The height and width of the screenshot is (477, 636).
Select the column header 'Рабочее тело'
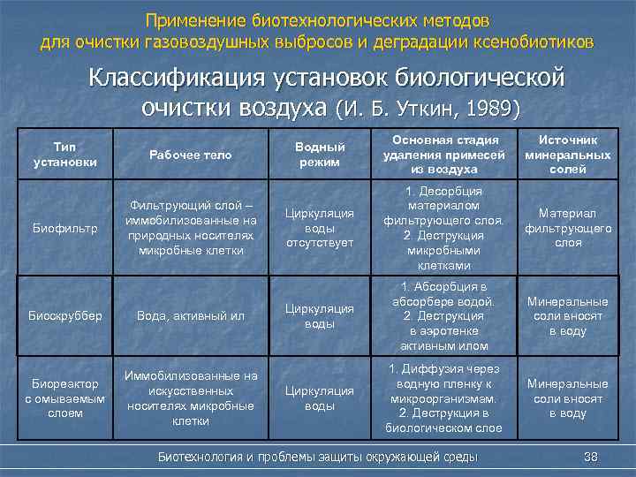[190, 155]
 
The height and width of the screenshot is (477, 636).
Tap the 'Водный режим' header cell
[319, 155]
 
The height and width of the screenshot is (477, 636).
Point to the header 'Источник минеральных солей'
[562, 155]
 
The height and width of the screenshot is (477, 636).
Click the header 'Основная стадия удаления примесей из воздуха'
[441, 155]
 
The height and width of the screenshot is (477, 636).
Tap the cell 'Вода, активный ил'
[190, 315]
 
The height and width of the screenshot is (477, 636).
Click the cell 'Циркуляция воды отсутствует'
[319, 228]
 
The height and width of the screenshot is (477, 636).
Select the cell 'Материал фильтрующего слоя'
[562, 228]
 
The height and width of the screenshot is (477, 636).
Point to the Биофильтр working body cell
[190, 228]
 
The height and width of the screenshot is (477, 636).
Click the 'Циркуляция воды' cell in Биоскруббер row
[319, 315]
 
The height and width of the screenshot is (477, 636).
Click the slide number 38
[591, 457]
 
